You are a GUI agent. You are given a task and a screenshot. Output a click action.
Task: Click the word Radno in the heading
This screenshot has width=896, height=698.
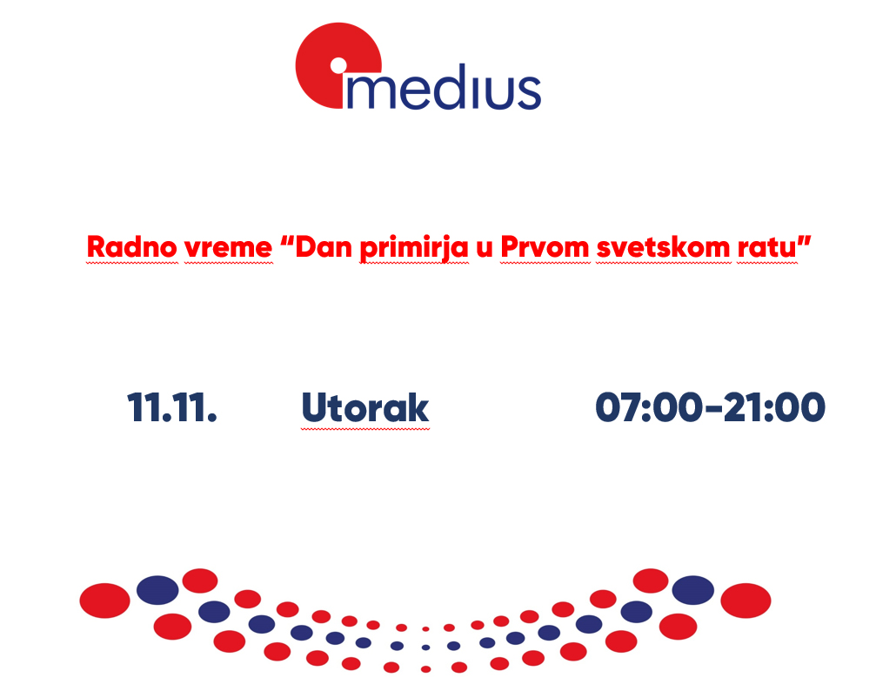point(132,247)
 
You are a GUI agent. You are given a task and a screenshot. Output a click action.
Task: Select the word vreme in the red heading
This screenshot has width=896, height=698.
point(229,248)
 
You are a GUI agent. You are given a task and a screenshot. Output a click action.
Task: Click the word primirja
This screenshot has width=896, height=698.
point(414,248)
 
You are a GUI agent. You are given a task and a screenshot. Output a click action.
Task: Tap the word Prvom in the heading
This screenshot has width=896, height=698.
point(545,247)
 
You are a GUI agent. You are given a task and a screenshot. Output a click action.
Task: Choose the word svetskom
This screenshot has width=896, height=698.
point(664,247)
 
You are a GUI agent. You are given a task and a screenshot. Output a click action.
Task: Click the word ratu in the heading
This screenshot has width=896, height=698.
point(767,248)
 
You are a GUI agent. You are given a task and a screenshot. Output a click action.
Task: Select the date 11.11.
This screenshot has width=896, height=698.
point(172,408)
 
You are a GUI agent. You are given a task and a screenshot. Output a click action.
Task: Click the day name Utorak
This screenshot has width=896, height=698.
point(365,408)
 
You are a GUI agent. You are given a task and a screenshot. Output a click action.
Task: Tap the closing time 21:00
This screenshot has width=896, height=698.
point(773,407)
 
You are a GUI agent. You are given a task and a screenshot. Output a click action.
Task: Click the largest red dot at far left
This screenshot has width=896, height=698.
point(104,601)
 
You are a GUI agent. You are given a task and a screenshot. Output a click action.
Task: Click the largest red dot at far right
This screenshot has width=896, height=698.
point(746,601)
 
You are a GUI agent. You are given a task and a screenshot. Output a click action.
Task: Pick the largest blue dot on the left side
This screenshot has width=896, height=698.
point(157,590)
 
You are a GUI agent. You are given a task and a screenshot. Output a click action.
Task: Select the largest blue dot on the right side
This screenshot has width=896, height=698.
point(693,590)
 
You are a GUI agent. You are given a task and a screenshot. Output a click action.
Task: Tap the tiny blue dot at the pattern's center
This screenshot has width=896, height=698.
point(425,648)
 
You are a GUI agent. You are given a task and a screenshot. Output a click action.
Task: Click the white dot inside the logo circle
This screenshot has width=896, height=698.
point(338,66)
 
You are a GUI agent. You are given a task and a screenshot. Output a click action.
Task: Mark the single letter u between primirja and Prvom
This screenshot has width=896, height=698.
point(484,249)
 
